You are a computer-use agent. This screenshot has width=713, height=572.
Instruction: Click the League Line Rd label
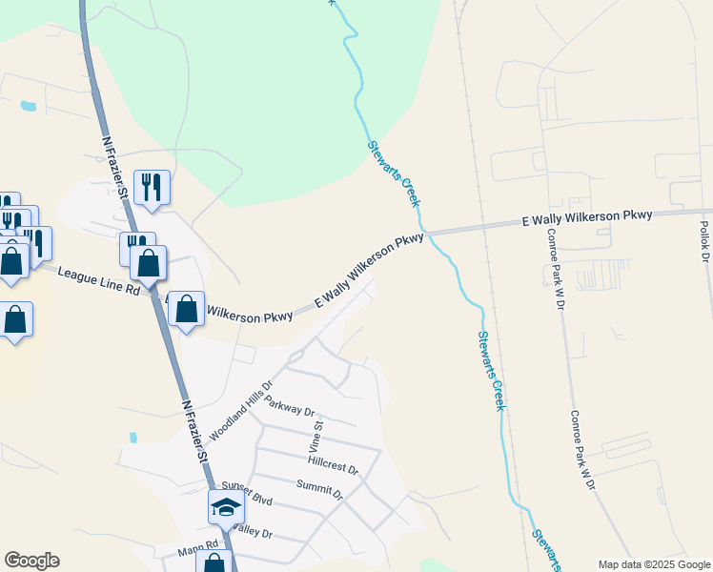(x=98, y=280)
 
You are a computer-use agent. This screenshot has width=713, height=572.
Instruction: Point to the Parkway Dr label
(x=290, y=407)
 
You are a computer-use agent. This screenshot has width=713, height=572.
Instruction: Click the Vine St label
(x=319, y=434)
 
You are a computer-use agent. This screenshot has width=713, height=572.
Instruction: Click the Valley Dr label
(x=252, y=529)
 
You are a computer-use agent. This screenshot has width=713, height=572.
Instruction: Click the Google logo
(x=31, y=561)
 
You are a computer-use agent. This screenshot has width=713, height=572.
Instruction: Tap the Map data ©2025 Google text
(x=654, y=564)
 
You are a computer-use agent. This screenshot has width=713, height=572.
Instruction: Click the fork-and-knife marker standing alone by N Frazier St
(x=152, y=186)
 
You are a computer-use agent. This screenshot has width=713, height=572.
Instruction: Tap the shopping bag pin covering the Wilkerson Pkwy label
(x=186, y=309)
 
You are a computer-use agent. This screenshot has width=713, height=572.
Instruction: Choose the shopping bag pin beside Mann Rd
(x=214, y=562)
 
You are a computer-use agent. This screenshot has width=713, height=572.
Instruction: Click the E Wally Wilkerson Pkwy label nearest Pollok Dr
(x=587, y=218)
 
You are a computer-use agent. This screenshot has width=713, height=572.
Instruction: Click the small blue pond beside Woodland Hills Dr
(x=132, y=438)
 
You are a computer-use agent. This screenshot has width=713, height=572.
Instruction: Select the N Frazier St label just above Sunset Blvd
(x=195, y=431)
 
